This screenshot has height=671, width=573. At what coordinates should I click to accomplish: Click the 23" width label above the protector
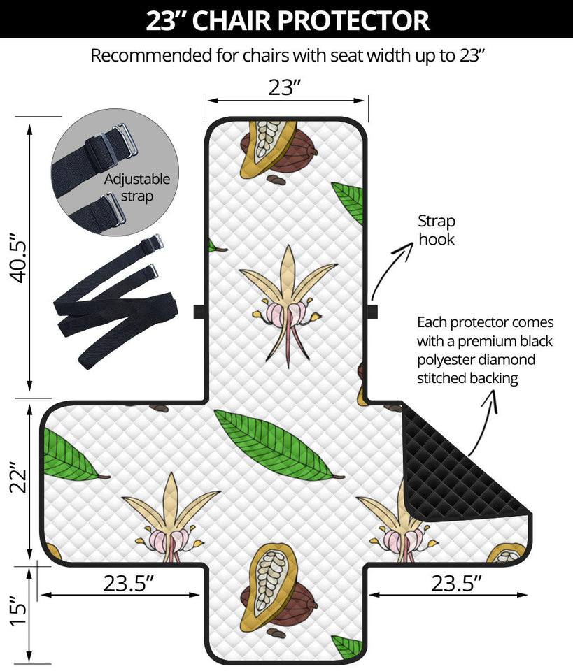(x=285, y=87)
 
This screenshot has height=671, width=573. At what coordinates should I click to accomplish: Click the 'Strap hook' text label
(x=437, y=231)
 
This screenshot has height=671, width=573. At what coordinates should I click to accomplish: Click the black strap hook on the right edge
(x=372, y=311)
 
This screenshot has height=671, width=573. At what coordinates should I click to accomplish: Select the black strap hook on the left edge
(x=199, y=311)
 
